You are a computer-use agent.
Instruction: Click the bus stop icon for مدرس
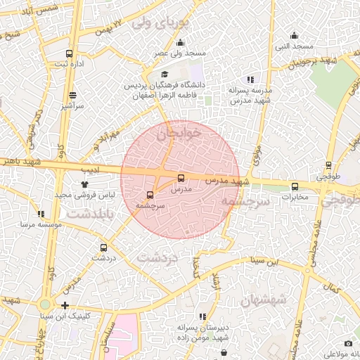click(181, 178)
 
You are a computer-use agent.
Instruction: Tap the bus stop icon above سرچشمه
click(150, 195)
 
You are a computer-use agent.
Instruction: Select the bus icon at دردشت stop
click(104, 247)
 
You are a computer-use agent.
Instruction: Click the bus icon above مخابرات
click(295, 186)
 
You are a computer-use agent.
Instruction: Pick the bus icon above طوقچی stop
click(328, 167)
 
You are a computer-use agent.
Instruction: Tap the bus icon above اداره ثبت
click(69, 53)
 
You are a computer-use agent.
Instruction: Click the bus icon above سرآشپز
click(72, 95)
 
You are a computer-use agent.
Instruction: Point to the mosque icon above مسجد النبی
click(295, 36)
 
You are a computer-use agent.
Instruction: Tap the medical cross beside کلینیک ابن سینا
click(65, 305)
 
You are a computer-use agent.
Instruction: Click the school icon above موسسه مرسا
click(41, 214)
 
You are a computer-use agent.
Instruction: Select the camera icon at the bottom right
click(329, 343)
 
